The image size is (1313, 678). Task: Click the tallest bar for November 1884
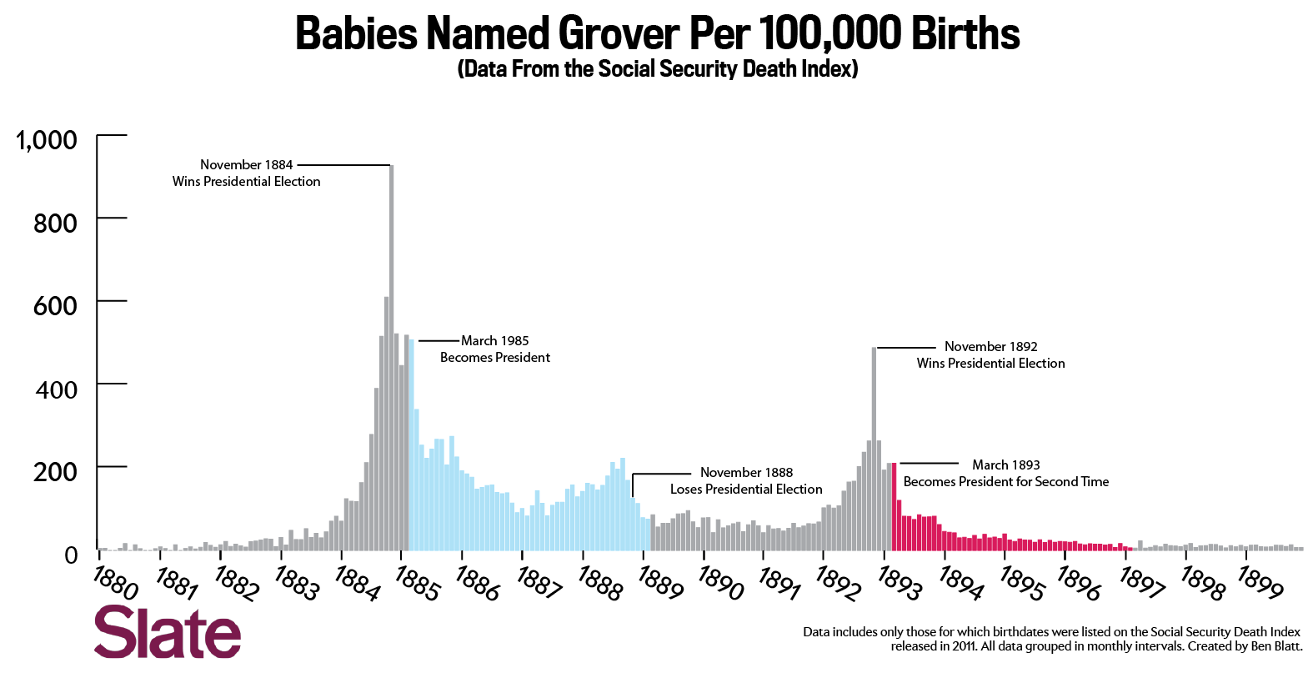coord(392,359)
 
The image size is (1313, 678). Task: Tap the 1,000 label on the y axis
coord(47,140)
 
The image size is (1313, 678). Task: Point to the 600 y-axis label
coord(55,306)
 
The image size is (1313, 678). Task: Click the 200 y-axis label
coord(55,472)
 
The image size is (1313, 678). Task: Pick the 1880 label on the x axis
coord(115,582)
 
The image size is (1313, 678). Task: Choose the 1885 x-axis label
coord(417,583)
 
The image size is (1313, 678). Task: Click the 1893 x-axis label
coord(900,583)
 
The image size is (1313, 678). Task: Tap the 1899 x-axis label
coord(1260,583)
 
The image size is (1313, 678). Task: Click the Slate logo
coord(168,632)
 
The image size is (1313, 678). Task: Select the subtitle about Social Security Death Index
coord(658,68)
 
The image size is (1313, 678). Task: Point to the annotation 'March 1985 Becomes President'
coord(495,349)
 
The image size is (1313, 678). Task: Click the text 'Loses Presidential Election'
coord(746,490)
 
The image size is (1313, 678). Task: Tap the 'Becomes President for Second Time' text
coord(1006,482)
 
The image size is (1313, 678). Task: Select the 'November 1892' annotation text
coord(990,347)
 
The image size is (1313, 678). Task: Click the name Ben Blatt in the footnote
coord(1275,646)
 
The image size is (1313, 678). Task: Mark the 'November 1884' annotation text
coord(246,165)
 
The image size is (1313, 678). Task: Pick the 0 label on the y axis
coord(71,555)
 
